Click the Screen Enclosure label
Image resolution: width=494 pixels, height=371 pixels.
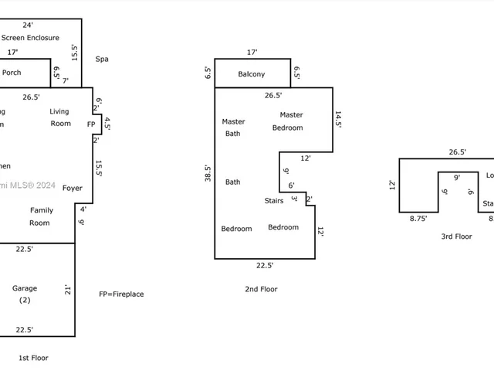point(31,37)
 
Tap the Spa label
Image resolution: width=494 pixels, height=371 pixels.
point(102,59)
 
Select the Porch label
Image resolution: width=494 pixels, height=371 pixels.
point(12,73)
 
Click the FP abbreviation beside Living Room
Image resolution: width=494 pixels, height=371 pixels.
point(91,124)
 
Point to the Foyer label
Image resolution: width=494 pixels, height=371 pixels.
point(73,188)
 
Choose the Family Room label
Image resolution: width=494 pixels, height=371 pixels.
point(41,216)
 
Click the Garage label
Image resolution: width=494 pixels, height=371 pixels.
point(24,293)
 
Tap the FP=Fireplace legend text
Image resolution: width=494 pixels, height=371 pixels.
point(121,294)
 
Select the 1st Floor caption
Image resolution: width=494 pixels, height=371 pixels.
point(33,357)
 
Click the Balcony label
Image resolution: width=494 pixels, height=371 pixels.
point(251,74)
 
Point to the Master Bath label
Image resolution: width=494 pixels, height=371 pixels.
point(232,128)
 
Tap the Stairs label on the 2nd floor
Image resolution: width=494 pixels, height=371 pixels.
point(274,201)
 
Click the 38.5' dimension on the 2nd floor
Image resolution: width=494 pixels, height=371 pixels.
point(207,172)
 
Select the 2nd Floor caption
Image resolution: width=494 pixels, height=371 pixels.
point(260,289)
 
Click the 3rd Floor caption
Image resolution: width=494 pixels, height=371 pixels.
point(457,237)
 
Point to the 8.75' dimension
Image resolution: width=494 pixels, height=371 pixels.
point(418,219)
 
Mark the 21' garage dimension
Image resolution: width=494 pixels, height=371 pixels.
point(68,291)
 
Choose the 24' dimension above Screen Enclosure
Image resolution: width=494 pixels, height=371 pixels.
point(28,25)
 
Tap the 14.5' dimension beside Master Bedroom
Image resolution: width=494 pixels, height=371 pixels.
point(338,119)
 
